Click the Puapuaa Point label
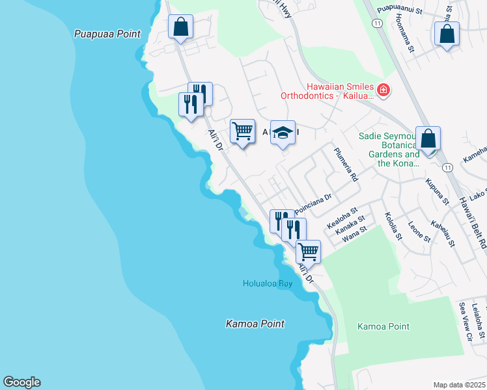(107, 34)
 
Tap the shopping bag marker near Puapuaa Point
(181, 27)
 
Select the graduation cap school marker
(283, 133)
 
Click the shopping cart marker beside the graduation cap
(243, 131)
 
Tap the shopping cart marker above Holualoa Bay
(308, 252)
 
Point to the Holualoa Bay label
(268, 283)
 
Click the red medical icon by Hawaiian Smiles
(383, 90)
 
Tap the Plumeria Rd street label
(346, 165)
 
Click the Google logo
(21, 382)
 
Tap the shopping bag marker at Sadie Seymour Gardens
(428, 139)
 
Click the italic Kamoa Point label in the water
(255, 324)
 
